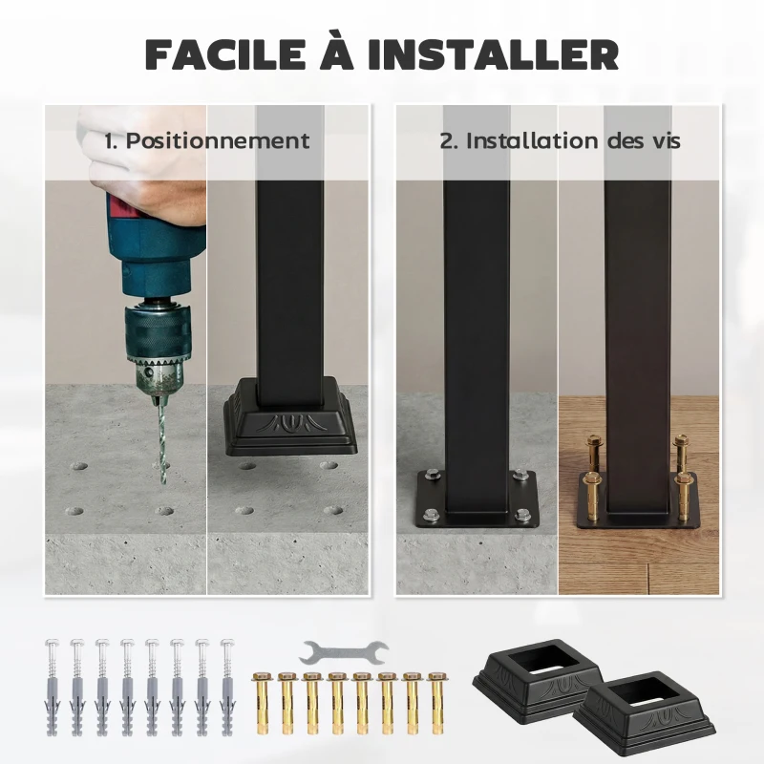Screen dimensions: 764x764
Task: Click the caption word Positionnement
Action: click(x=219, y=140)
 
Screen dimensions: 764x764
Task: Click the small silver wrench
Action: click(x=344, y=653)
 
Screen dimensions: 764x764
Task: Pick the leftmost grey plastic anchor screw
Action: click(x=52, y=684)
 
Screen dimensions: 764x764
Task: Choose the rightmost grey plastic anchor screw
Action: click(x=226, y=684)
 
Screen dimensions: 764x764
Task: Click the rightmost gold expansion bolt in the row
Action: click(x=436, y=702)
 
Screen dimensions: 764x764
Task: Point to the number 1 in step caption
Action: click(x=110, y=140)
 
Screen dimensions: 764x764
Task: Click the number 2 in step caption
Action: click(x=446, y=140)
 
